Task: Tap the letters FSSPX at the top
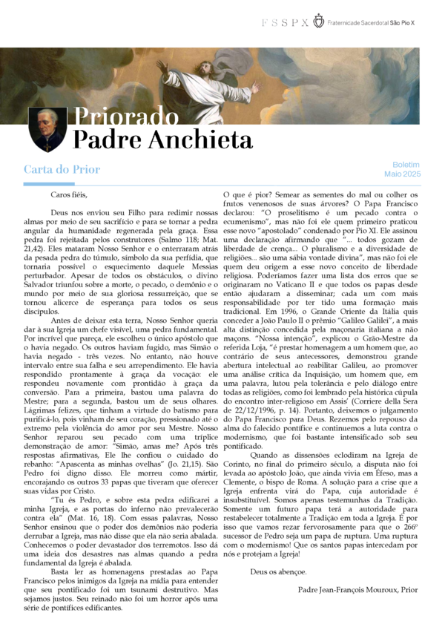285,23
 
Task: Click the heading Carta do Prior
62,170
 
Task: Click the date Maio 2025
403,174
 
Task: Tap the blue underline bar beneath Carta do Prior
49,183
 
